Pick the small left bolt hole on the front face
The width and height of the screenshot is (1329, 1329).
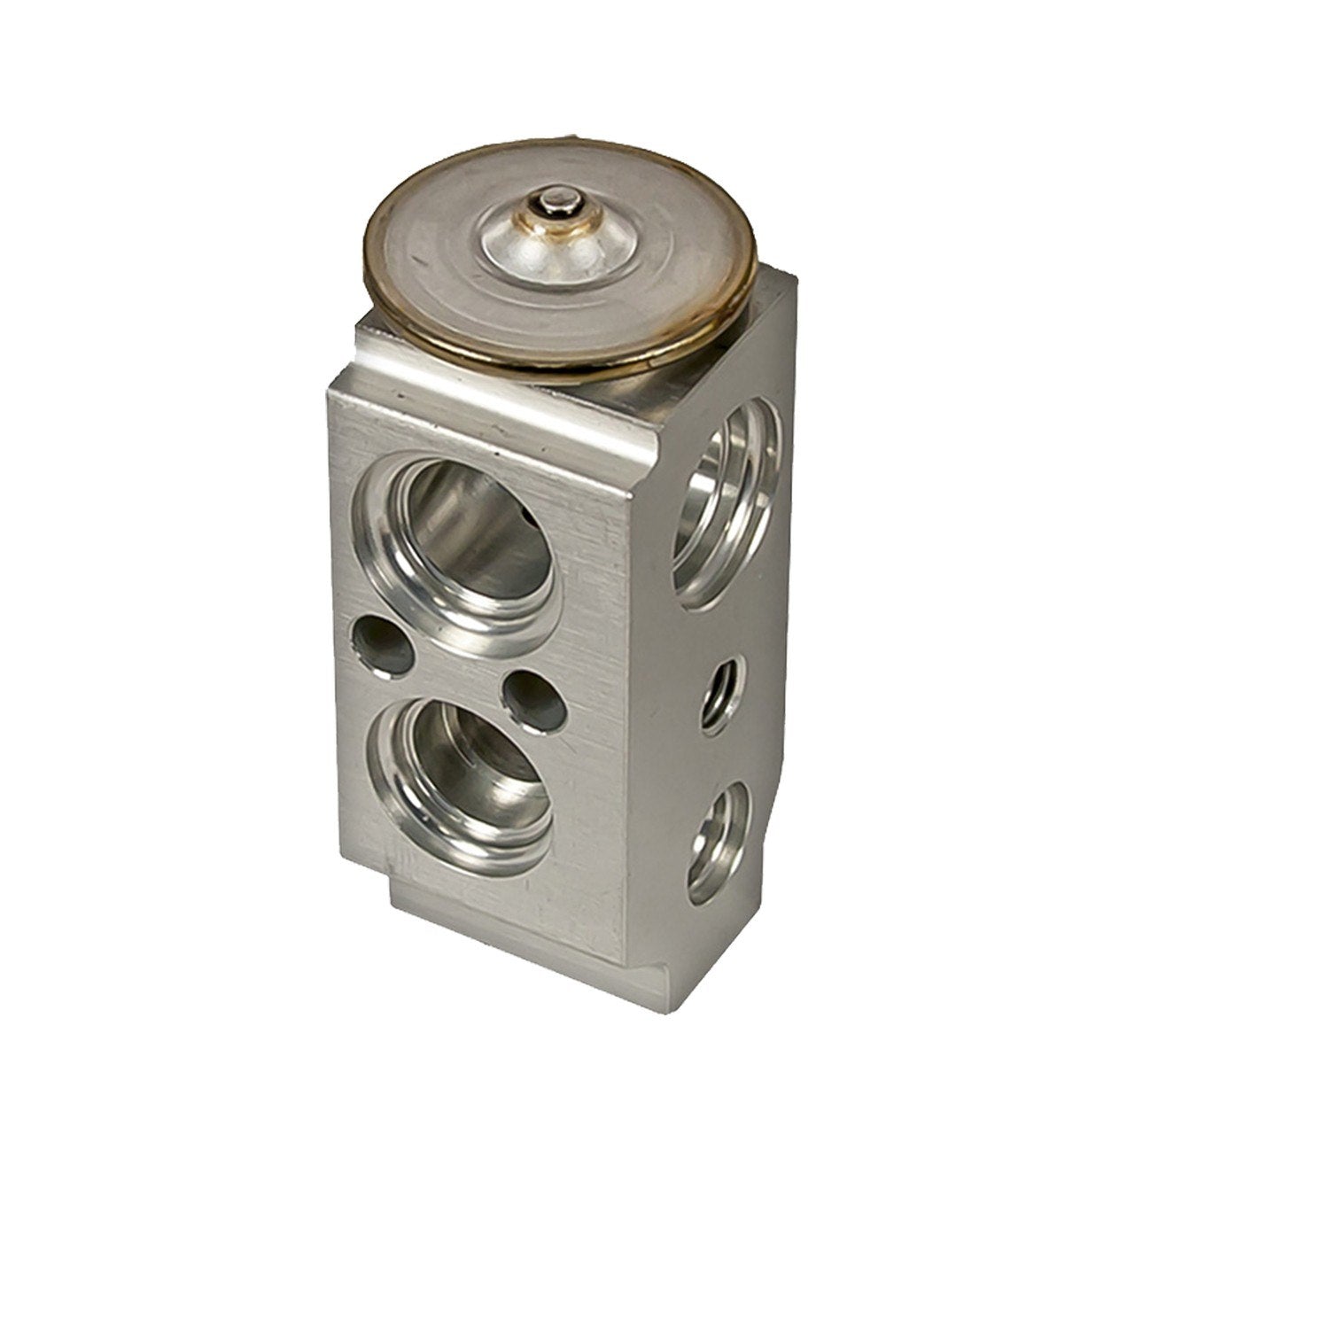click(x=383, y=645)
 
